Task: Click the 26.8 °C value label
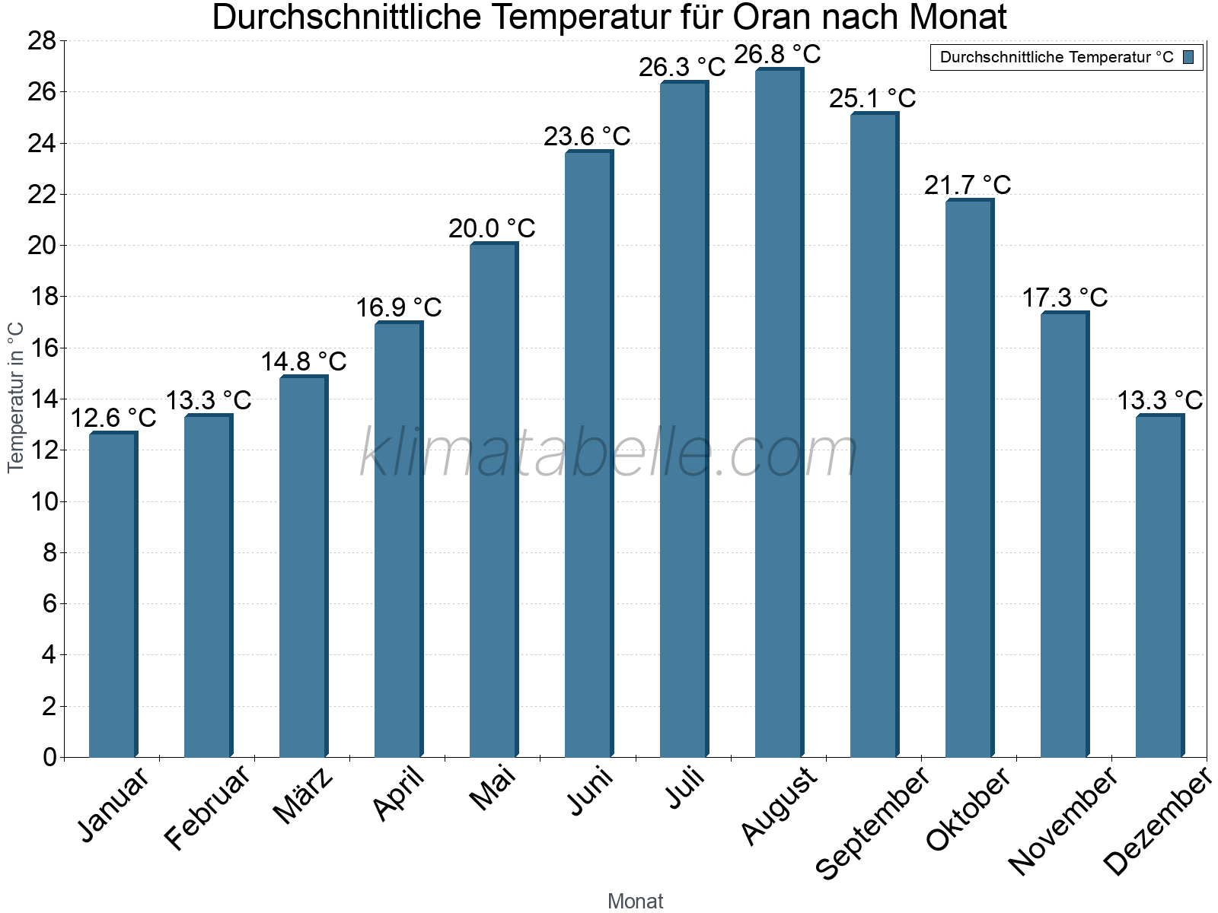(777, 55)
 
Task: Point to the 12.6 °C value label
(113, 418)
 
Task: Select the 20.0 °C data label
(492, 228)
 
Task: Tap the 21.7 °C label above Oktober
(968, 185)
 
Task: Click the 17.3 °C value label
(1064, 297)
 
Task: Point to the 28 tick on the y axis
(42, 41)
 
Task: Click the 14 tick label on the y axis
(42, 399)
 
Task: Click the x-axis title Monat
(635, 902)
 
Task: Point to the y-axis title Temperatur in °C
(16, 397)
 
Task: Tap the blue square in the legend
(1188, 57)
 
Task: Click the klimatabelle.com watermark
(608, 453)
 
